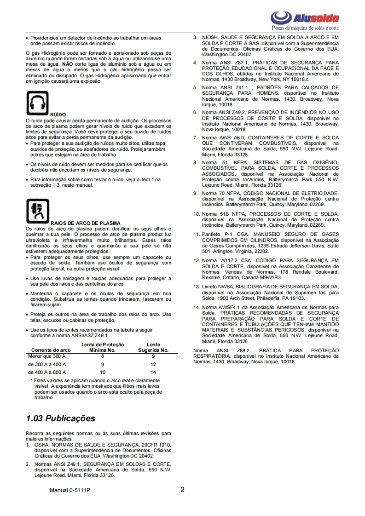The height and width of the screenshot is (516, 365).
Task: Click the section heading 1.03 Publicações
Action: (61, 418)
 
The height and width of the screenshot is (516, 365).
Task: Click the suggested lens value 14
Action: (153, 372)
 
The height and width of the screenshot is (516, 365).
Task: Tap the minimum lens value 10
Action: (103, 372)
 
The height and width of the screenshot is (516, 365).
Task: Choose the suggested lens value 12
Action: (153, 364)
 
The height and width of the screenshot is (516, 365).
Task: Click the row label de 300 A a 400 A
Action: (47, 364)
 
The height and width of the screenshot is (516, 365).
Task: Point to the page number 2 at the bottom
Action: (182, 489)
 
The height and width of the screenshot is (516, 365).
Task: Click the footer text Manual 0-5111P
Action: (70, 490)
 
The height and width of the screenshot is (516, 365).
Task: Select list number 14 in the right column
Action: (196, 307)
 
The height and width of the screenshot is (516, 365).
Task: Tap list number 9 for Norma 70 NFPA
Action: (195, 193)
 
